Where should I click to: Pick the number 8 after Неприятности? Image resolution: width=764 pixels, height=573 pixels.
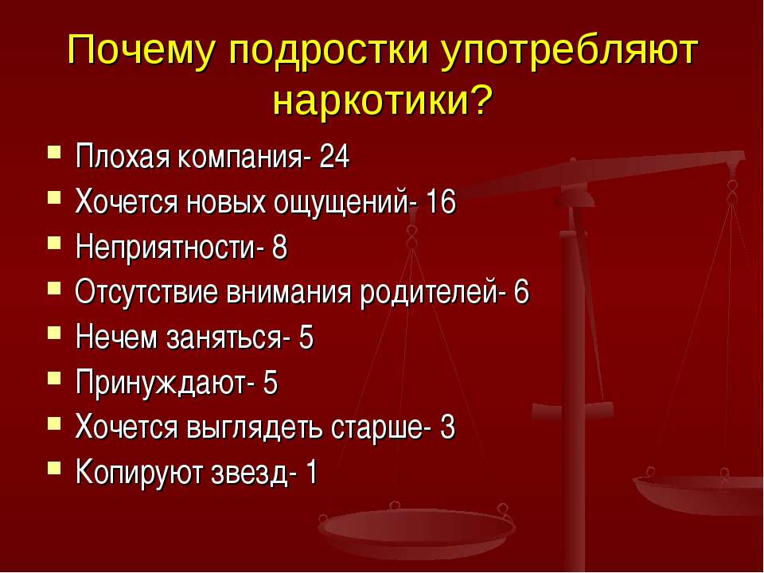click(279, 248)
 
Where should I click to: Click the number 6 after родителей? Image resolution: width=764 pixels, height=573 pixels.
click(520, 294)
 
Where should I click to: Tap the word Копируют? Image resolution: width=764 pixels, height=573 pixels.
click(130, 474)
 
